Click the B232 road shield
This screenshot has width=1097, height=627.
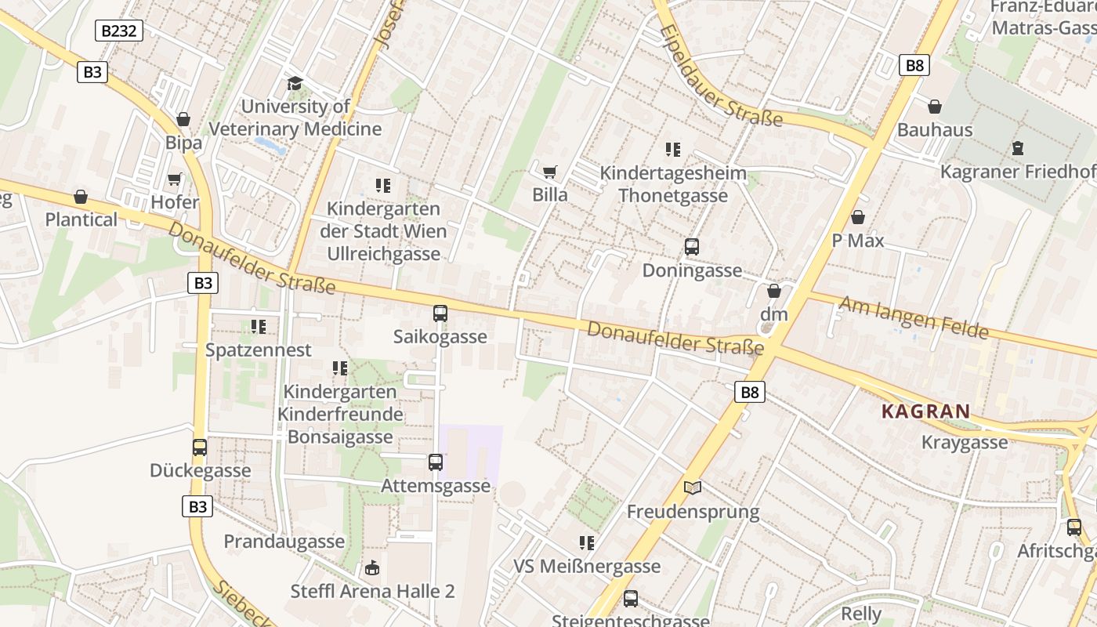[x=119, y=31]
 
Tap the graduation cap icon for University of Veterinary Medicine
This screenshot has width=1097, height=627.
[x=295, y=83]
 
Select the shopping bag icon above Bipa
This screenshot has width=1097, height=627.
[x=183, y=119]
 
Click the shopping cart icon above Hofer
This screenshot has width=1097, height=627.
[x=174, y=179]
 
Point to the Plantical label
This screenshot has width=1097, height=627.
[x=81, y=219]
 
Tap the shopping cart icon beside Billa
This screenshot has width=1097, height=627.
[x=550, y=171]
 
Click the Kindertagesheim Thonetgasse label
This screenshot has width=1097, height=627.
[x=673, y=184]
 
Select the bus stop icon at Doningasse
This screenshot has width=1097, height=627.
[x=692, y=247]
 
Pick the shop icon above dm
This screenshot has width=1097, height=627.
[x=774, y=291]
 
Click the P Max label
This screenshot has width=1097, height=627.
[x=858, y=241]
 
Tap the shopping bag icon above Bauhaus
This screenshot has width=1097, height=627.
[x=935, y=107]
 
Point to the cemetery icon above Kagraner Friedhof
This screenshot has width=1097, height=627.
[x=1018, y=147]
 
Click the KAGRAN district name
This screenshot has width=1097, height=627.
[x=925, y=411]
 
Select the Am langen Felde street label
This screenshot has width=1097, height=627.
[x=914, y=317]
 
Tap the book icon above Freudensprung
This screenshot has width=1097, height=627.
[x=693, y=488]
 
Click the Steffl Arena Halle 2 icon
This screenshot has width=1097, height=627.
[x=372, y=567]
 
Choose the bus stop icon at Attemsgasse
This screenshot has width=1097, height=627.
[x=436, y=462]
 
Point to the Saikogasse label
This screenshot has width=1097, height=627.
[x=440, y=337]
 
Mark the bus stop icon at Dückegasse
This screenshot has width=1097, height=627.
[x=200, y=448]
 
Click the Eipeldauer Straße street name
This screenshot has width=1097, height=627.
[x=721, y=76]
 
